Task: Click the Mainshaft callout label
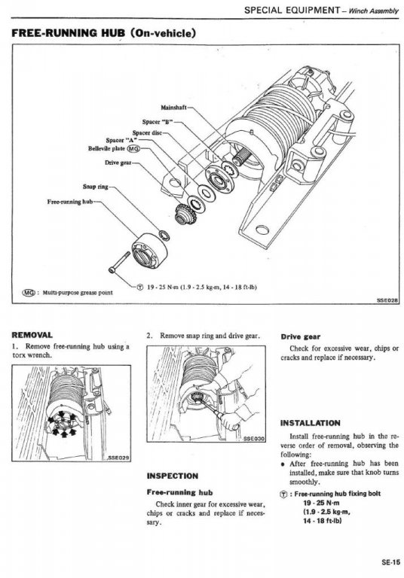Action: (x=173, y=108)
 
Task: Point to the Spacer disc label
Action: (x=147, y=132)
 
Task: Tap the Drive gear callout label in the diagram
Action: (x=118, y=163)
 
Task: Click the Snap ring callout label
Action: (x=96, y=187)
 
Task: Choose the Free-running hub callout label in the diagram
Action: (x=70, y=202)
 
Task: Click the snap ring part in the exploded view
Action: (x=164, y=235)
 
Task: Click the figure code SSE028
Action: (x=387, y=300)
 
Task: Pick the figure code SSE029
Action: (x=118, y=458)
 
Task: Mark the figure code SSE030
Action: (x=254, y=438)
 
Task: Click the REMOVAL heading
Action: (x=32, y=335)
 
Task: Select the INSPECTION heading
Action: (x=173, y=476)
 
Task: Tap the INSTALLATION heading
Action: (x=311, y=423)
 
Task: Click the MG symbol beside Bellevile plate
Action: (x=133, y=148)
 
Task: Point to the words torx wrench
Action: (x=32, y=355)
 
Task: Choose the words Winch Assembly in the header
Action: (x=373, y=11)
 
